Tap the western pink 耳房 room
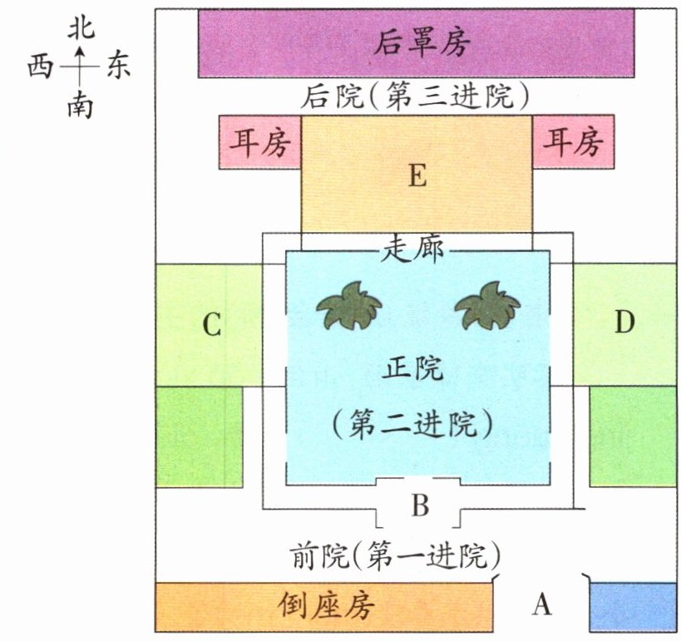coord(259,143)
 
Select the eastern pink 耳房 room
coord(573,143)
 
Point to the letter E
coord(417,176)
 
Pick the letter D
coord(624,323)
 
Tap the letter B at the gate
coord(420,505)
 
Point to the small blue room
coord(631,607)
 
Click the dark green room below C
coord(199,436)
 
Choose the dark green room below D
coord(631,436)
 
